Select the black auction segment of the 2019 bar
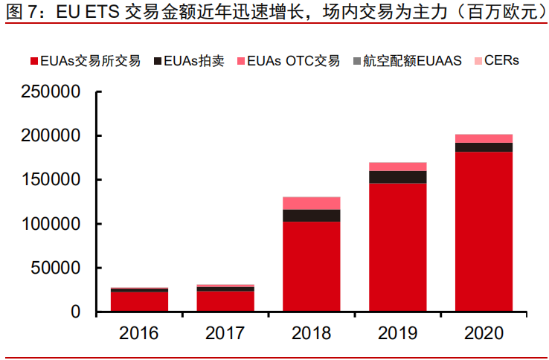(x=397, y=177)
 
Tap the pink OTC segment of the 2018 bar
(x=311, y=203)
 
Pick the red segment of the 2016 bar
(x=139, y=301)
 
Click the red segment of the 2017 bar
(x=225, y=300)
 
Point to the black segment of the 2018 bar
(x=311, y=216)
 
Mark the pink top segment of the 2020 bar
(x=484, y=138)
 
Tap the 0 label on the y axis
(x=75, y=312)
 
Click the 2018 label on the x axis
(x=311, y=332)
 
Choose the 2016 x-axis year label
(x=139, y=332)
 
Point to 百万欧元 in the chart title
(x=505, y=13)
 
